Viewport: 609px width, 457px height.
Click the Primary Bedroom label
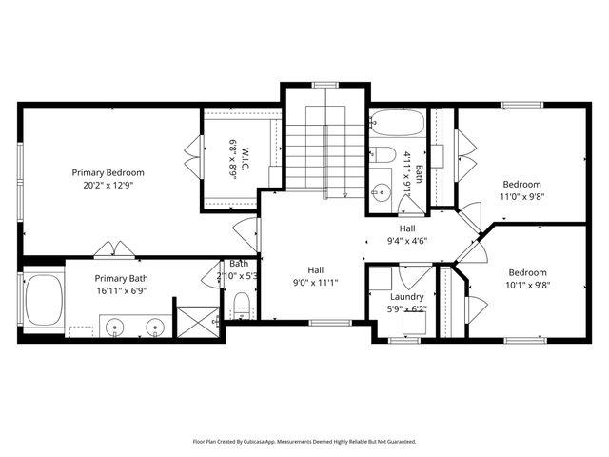pyautogui.click(x=108, y=172)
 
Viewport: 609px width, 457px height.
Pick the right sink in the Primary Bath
pyautogui.click(x=154, y=328)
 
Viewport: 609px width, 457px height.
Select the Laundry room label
pyautogui.click(x=406, y=296)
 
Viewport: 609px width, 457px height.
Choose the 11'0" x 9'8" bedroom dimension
pyautogui.click(x=522, y=198)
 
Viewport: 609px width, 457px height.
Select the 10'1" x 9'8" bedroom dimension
pyautogui.click(x=527, y=285)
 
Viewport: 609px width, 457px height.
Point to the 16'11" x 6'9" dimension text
pyautogui.click(x=121, y=291)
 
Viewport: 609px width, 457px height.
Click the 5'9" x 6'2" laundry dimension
pyautogui.click(x=406, y=309)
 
